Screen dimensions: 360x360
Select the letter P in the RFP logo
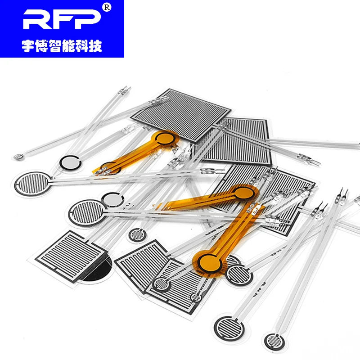tap(88, 19)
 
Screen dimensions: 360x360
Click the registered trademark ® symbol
tap(107, 7)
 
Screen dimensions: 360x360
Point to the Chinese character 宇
tap(28, 46)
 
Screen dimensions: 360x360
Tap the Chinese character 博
tap(41, 46)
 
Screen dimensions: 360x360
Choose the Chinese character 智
tap(55, 46)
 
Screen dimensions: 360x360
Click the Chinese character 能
tap(68, 46)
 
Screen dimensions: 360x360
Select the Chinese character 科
tap(82, 46)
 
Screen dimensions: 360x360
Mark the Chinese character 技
tap(95, 46)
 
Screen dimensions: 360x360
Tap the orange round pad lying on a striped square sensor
tap(243, 193)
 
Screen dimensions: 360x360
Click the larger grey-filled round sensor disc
tap(71, 162)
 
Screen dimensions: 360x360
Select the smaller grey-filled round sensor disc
tap(112, 199)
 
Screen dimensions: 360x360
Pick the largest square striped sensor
tap(181, 115)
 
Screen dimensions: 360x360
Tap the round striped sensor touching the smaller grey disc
tap(87, 212)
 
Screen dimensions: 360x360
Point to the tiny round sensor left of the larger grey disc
tap(18, 157)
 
